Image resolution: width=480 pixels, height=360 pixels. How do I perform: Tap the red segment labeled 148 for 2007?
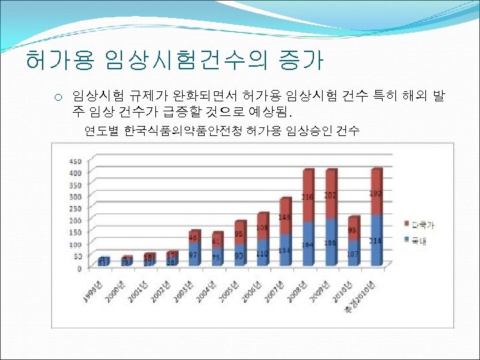pyautogui.click(x=285, y=217)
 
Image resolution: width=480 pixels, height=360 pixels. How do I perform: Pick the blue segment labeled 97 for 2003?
pyautogui.click(x=194, y=255)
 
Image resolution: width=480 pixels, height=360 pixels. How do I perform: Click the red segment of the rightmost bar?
pyautogui.click(x=377, y=192)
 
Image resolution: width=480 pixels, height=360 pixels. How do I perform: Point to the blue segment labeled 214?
pyautogui.click(x=377, y=240)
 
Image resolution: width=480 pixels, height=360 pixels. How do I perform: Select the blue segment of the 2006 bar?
pyautogui.click(x=263, y=253)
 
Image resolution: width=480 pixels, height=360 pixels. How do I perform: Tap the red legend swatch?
pyautogui.click(x=405, y=223)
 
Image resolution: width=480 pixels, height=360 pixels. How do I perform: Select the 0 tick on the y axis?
pyautogui.click(x=79, y=268)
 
